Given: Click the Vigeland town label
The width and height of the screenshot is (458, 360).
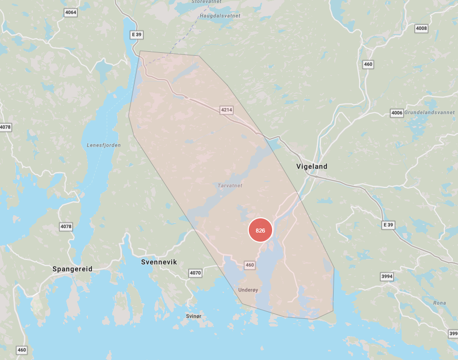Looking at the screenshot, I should pyautogui.click(x=312, y=167).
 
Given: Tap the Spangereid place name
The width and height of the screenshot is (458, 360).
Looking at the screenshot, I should pyautogui.click(x=73, y=269).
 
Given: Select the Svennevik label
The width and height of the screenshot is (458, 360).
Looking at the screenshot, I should pyautogui.click(x=158, y=262).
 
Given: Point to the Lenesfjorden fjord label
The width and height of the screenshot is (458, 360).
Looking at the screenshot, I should pyautogui.click(x=104, y=145).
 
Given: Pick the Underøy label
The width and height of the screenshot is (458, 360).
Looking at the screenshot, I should pyautogui.click(x=248, y=290).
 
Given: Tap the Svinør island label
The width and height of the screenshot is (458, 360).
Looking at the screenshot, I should pyautogui.click(x=194, y=316).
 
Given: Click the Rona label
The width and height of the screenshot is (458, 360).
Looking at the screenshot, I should pyautogui.click(x=440, y=303).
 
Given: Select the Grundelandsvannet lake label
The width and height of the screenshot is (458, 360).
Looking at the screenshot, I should pyautogui.click(x=430, y=113).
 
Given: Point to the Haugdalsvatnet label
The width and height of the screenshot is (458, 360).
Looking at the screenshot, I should pyautogui.click(x=220, y=16).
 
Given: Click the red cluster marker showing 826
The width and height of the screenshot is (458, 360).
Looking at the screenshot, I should pyautogui.click(x=260, y=231).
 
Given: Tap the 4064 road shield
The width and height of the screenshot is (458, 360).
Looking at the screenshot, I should pyautogui.click(x=71, y=12).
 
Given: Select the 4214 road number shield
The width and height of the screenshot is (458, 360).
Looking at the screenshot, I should pyautogui.click(x=226, y=110).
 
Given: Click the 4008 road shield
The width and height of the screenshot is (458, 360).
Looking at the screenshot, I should pyautogui.click(x=421, y=28).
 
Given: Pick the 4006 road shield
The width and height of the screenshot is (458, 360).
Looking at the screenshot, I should pyautogui.click(x=397, y=113).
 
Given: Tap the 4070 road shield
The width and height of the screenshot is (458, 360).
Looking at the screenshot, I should pyautogui.click(x=195, y=273).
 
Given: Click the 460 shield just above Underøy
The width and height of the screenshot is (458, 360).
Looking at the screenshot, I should pyautogui.click(x=249, y=265).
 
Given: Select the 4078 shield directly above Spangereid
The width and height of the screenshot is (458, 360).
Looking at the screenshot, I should pyautogui.click(x=66, y=226).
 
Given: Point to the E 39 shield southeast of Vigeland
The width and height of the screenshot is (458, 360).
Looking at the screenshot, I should pyautogui.click(x=388, y=224).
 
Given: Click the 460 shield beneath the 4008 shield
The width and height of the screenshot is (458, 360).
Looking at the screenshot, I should pyautogui.click(x=368, y=64).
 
